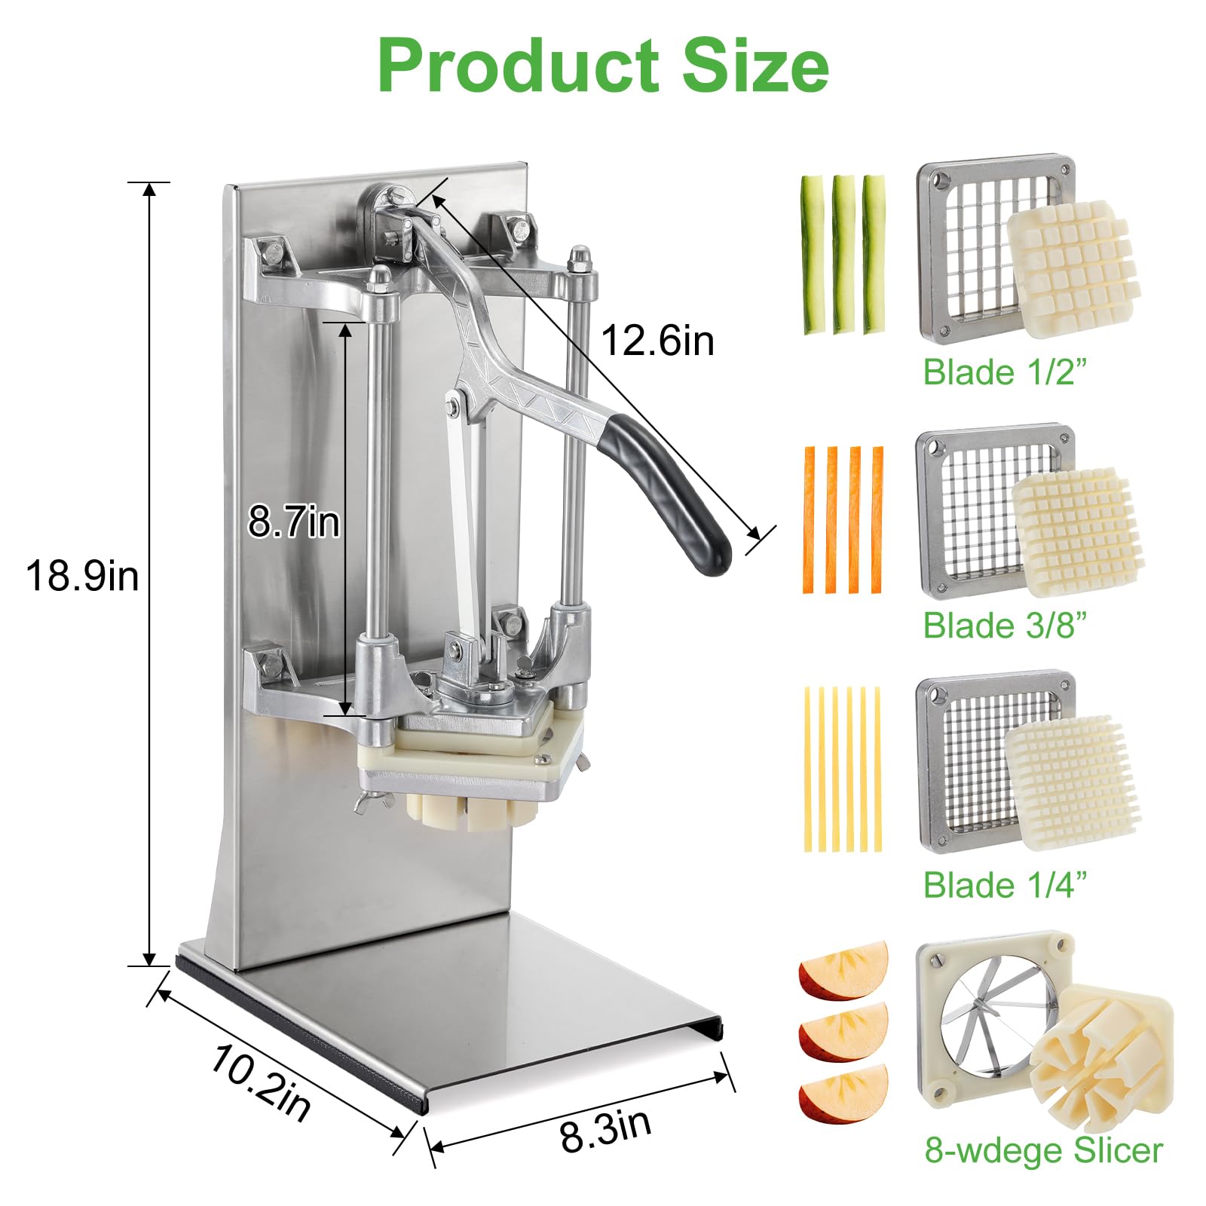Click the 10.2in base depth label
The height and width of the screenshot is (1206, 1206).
point(261,1082)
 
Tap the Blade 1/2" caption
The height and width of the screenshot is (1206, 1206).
point(1006,372)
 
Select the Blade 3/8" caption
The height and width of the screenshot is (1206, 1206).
point(1006,626)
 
